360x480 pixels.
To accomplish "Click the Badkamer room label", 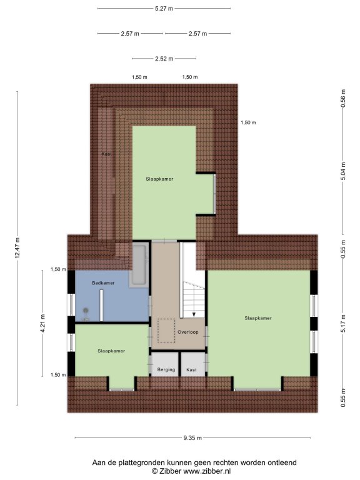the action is pos(103,283).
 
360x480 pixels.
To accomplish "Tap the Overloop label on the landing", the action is pos(188,332).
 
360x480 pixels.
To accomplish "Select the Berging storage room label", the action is pos(166,370).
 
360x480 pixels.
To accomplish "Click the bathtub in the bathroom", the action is pos(139,265).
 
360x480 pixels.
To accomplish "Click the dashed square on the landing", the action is pos(166,331).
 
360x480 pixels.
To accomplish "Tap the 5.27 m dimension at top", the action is pos(164,9).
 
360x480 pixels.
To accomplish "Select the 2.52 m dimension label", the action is pos(164,59).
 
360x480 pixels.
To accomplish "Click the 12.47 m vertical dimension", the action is pos(17,248).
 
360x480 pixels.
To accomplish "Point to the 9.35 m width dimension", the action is pos(192,437).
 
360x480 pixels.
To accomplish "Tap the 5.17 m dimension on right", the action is pos(343,324).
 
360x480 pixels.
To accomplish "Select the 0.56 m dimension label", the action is pos(343,98).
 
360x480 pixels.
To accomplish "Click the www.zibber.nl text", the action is pos(207,471).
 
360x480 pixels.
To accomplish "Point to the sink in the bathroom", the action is pos(86,311).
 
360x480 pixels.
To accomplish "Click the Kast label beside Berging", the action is pos(192,370).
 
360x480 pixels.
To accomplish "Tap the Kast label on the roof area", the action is pos(106,154).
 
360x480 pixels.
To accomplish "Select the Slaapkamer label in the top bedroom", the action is pos(159,179).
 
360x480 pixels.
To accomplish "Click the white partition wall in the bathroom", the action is pos(101,305).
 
